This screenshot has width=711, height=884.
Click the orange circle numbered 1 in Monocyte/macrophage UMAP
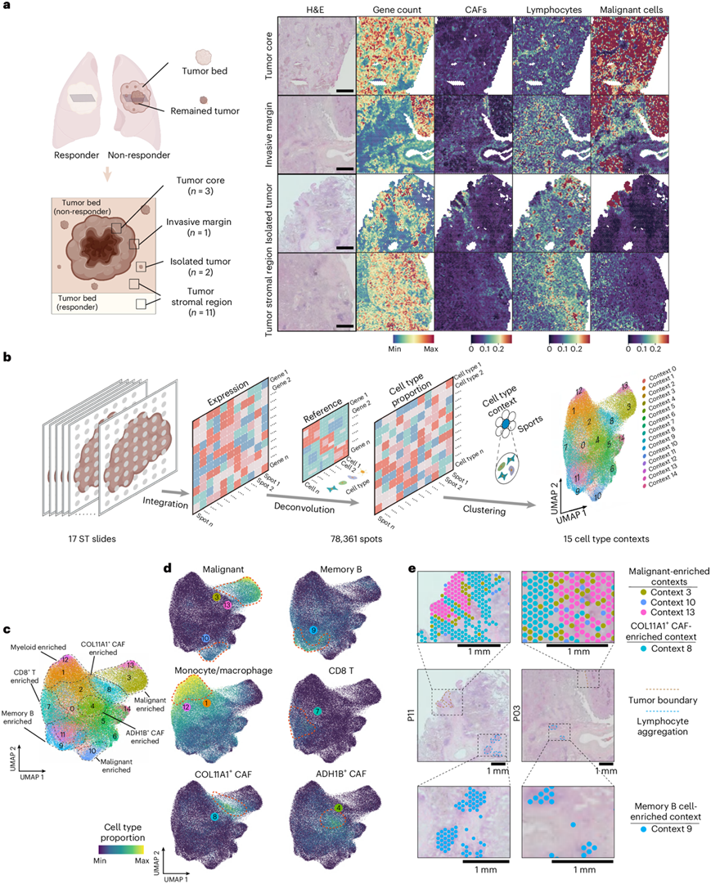tap(206, 703)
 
